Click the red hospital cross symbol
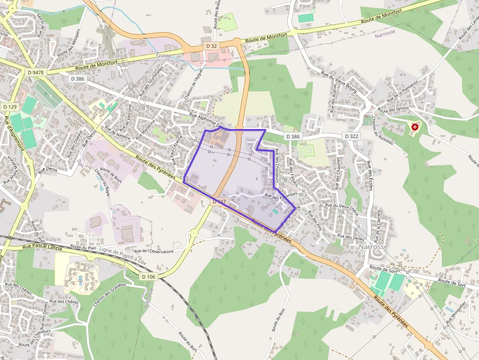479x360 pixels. point(415,127)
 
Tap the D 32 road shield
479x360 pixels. point(211,45)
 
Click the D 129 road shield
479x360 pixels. point(10,106)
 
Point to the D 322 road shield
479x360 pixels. point(352,136)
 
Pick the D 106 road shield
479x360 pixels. point(149,276)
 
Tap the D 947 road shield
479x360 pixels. point(219,201)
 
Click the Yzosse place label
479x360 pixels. point(163,55)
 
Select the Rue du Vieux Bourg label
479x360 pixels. point(340,81)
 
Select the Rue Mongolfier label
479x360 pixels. point(456,313)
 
